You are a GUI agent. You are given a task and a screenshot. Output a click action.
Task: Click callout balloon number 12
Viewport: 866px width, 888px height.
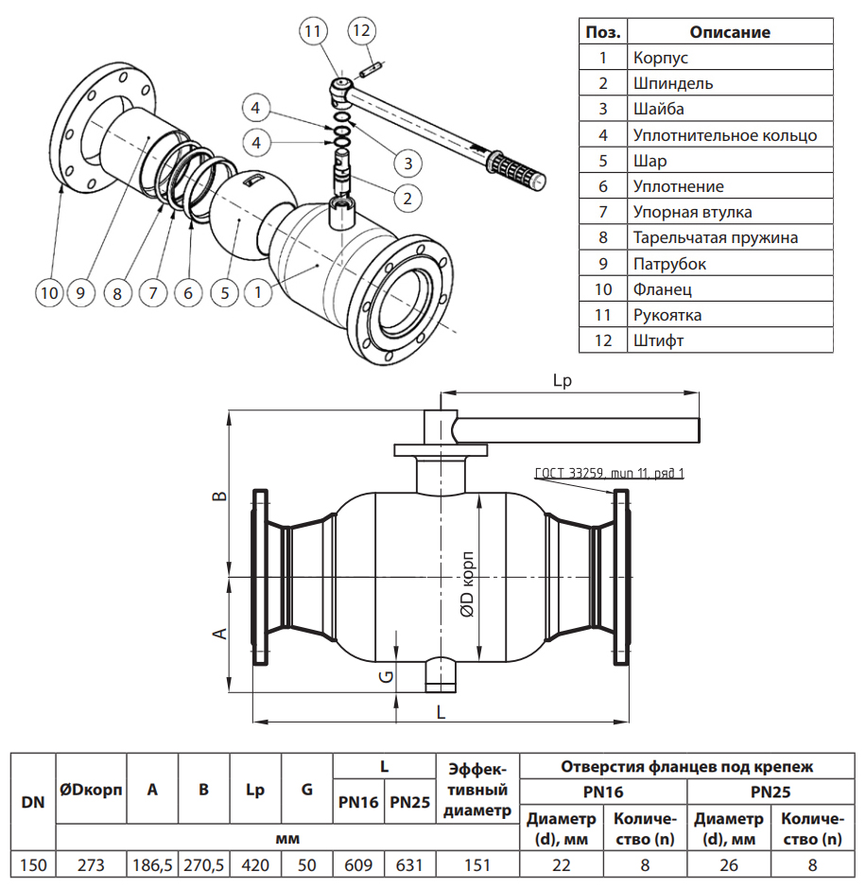coord(361,29)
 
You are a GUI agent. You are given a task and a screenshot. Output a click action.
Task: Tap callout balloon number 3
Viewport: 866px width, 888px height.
coord(407,163)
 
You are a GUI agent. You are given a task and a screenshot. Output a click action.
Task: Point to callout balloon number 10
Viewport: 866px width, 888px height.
coord(48,293)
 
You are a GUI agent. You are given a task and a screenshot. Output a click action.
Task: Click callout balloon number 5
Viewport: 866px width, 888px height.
coord(225,293)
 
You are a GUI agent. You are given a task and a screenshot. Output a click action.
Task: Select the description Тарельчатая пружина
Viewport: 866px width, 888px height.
coord(715,237)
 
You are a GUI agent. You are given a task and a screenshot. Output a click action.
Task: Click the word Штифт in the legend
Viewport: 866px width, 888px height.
coord(658,340)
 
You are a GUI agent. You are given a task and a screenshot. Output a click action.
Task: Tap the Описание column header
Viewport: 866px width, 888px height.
coord(729,32)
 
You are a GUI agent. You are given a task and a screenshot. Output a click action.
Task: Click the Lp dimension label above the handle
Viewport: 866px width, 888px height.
coord(564,381)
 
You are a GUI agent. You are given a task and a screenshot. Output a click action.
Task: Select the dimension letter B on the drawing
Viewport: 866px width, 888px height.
coord(217,496)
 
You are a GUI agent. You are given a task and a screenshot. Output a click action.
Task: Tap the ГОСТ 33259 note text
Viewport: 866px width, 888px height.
coord(609,473)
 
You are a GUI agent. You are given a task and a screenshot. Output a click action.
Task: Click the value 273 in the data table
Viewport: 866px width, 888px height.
coord(92,863)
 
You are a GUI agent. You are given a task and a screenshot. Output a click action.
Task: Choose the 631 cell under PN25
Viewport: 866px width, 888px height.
coord(409,863)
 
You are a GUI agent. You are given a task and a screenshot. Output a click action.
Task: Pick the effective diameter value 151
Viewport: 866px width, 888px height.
coord(477,863)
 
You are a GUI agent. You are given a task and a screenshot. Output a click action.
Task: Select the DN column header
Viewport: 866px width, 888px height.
coord(33,802)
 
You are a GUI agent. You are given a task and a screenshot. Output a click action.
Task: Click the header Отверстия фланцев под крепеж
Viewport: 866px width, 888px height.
coord(687,766)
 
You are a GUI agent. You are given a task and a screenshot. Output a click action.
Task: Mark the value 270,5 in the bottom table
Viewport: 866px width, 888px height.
coord(204,863)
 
